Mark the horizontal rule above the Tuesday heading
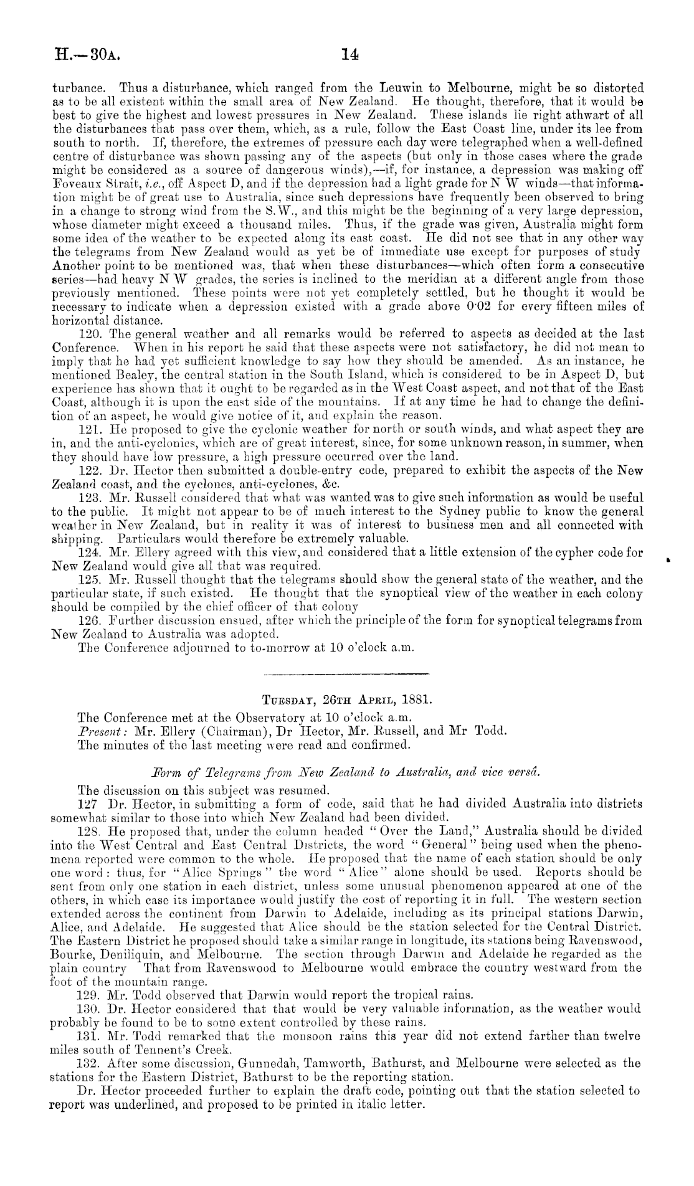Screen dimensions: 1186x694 (x=346, y=673)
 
